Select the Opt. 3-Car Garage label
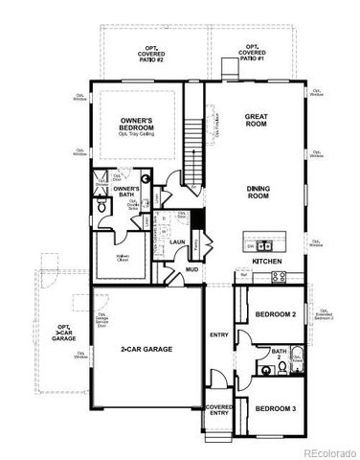point(62,332)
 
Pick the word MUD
point(191,269)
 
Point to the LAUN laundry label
point(177,241)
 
